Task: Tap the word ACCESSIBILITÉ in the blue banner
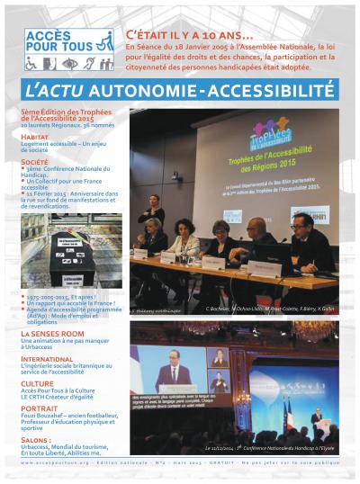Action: pos(274,91)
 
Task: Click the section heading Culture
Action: pos(37,381)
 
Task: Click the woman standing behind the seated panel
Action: pos(153,209)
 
